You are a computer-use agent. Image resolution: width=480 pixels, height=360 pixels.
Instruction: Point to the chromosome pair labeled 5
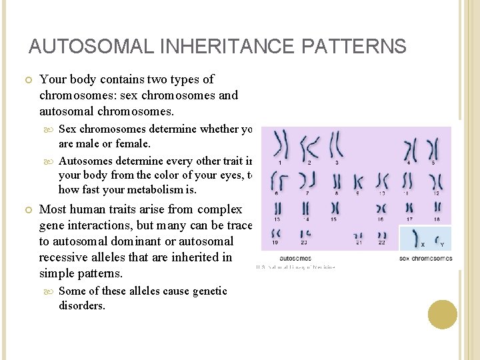(x=433, y=148)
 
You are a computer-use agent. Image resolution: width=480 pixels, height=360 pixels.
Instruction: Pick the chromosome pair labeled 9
(x=359, y=181)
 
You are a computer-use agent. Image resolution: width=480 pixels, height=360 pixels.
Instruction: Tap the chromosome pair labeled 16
(x=381, y=207)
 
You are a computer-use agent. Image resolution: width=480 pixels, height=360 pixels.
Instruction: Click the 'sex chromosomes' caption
(x=425, y=257)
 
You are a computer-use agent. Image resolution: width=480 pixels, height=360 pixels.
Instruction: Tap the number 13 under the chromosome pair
(x=277, y=219)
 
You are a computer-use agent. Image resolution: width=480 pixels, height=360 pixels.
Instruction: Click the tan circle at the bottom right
(x=442, y=314)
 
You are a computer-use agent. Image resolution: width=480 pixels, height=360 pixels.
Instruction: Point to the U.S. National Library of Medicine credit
(x=295, y=267)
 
